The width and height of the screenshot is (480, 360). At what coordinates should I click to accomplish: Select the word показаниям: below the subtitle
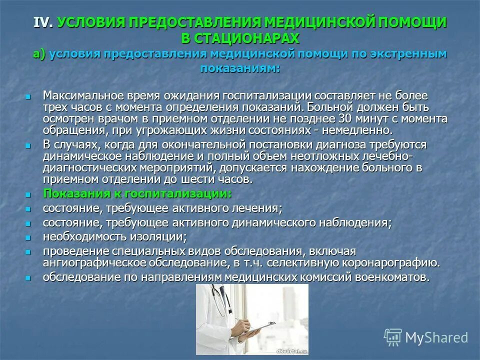pyautogui.click(x=240, y=68)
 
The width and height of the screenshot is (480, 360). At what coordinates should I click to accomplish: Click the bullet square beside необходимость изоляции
pyautogui.click(x=28, y=236)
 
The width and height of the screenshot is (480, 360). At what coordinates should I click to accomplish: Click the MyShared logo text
pyautogui.click(x=436, y=337)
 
